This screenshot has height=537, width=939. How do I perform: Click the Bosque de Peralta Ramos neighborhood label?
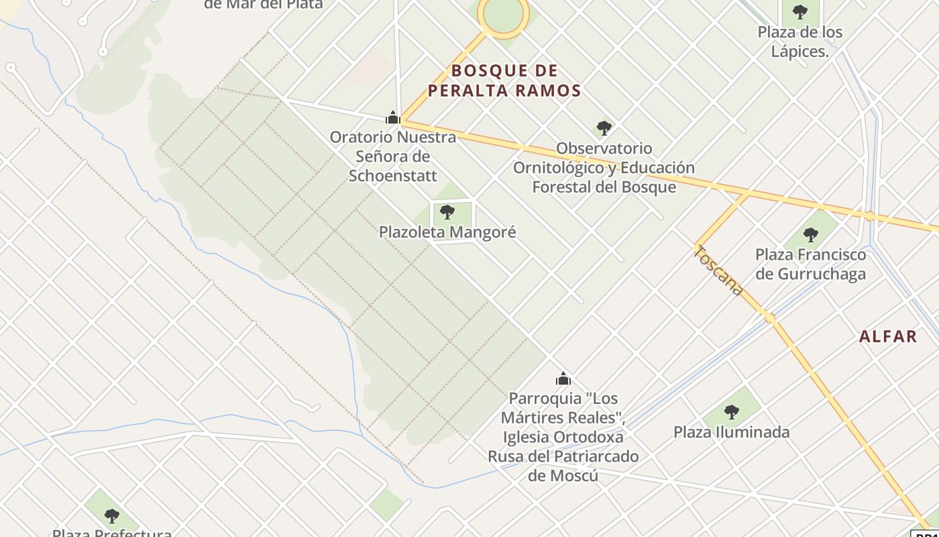pyautogui.click(x=504, y=81)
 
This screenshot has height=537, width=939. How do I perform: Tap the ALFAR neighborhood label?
pyautogui.click(x=887, y=336)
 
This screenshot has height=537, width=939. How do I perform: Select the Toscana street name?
pyautogui.click(x=718, y=271)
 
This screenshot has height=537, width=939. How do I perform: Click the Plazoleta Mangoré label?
pyautogui.click(x=447, y=232)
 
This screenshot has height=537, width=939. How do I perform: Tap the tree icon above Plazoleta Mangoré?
pyautogui.click(x=447, y=212)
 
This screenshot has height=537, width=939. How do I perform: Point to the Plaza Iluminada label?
pyautogui.click(x=731, y=432)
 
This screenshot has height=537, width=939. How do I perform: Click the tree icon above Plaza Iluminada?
pyautogui.click(x=731, y=411)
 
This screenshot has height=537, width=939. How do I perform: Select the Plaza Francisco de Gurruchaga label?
pyautogui.click(x=810, y=264)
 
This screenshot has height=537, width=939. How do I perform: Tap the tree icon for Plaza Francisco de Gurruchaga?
pyautogui.click(x=810, y=235)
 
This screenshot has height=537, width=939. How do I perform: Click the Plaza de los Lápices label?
pyautogui.click(x=799, y=42)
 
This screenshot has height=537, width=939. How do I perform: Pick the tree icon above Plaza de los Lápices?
pyautogui.click(x=799, y=11)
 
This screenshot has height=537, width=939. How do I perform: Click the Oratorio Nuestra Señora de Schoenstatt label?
pyautogui.click(x=392, y=156)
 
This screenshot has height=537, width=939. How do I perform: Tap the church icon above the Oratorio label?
pyautogui.click(x=393, y=117)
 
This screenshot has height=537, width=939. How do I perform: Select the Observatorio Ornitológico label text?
pyautogui.click(x=604, y=167)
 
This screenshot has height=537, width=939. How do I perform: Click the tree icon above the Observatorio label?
pyautogui.click(x=604, y=128)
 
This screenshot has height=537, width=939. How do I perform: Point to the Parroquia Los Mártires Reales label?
pyautogui.click(x=563, y=427)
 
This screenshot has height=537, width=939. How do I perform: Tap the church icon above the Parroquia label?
pyautogui.click(x=563, y=379)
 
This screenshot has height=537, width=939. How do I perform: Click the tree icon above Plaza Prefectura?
pyautogui.click(x=112, y=516)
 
